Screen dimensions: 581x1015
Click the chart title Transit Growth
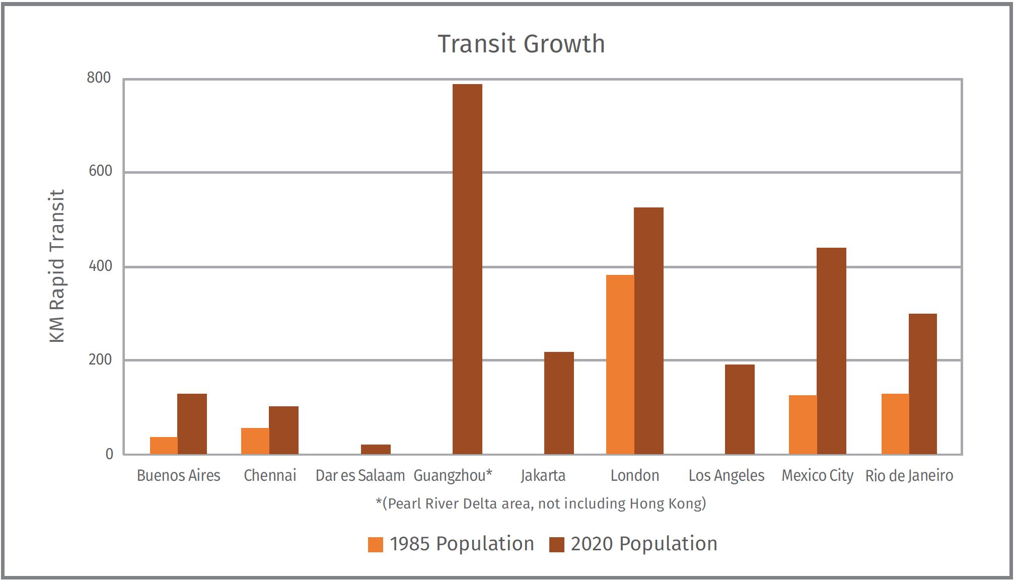point(521,44)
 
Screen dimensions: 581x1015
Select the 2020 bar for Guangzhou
point(467,269)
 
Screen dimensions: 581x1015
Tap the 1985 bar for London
point(620,365)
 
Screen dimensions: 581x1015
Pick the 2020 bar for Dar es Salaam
point(376,449)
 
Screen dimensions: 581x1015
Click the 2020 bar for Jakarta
point(559,403)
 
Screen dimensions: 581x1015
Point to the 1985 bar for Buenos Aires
point(164,446)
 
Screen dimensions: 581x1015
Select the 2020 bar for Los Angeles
point(740,409)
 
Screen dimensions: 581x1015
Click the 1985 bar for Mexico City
point(803,424)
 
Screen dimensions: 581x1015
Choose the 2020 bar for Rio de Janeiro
point(922,384)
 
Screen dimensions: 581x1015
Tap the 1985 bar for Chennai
point(255,441)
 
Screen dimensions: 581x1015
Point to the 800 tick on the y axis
point(99,78)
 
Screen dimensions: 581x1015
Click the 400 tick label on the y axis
point(100,266)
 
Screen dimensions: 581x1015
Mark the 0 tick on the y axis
point(109,454)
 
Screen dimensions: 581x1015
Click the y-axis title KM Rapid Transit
point(57,266)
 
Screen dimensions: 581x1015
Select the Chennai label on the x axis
point(270,475)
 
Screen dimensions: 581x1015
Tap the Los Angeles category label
point(726,475)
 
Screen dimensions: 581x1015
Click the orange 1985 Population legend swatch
point(376,545)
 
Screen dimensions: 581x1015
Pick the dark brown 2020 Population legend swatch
point(556,545)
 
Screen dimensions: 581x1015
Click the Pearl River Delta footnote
point(541,503)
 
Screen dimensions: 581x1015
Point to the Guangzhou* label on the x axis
point(453,475)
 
